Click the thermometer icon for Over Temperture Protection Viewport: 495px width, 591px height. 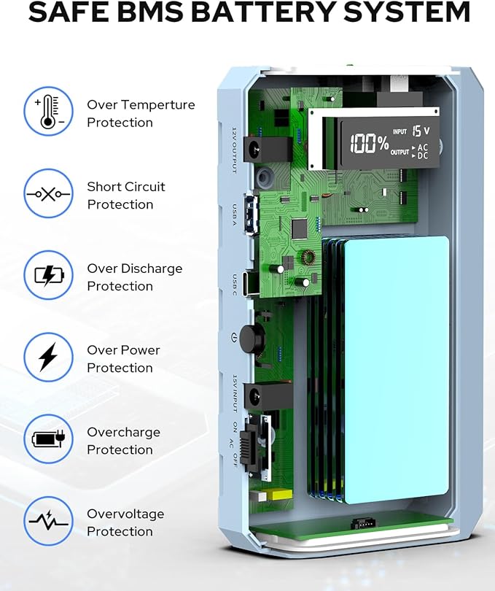[49, 112]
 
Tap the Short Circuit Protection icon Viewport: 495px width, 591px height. [49, 194]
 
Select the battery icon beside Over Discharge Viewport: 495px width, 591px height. [49, 275]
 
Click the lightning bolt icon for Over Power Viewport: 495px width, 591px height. [49, 357]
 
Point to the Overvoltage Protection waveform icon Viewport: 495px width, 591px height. [49, 521]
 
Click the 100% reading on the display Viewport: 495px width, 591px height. [369, 143]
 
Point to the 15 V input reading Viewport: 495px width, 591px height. [421, 131]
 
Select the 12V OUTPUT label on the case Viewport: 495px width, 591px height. [234, 150]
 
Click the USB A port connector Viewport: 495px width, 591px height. [252, 215]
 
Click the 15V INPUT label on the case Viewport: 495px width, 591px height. [235, 393]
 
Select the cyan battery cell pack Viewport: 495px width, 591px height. [397, 370]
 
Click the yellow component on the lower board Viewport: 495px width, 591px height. [282, 495]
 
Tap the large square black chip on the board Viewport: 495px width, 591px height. [299, 229]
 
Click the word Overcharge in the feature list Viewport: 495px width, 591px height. [123, 433]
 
